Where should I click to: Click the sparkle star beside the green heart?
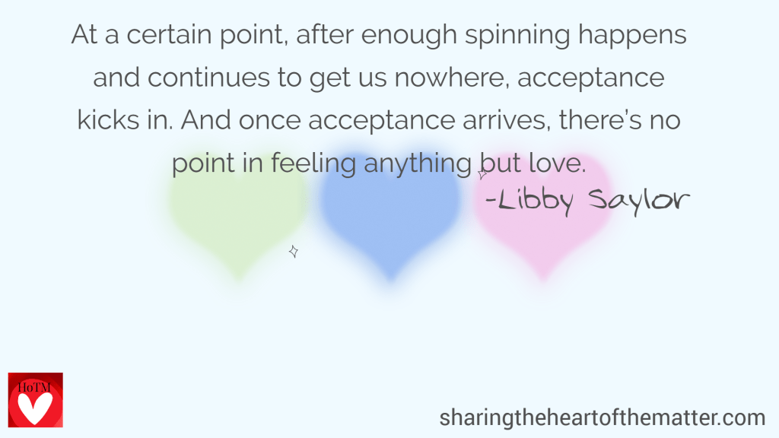click(x=294, y=252)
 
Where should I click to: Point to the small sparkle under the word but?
click(x=482, y=174)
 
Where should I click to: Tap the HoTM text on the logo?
click(x=33, y=387)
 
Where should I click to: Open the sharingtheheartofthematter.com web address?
click(x=603, y=417)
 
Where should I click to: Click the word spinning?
click(x=517, y=36)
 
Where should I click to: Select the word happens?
click(x=632, y=36)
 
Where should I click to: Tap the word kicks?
click(x=108, y=120)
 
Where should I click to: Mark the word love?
click(x=557, y=163)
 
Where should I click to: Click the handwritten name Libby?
click(x=529, y=201)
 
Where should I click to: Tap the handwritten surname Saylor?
click(x=639, y=201)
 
